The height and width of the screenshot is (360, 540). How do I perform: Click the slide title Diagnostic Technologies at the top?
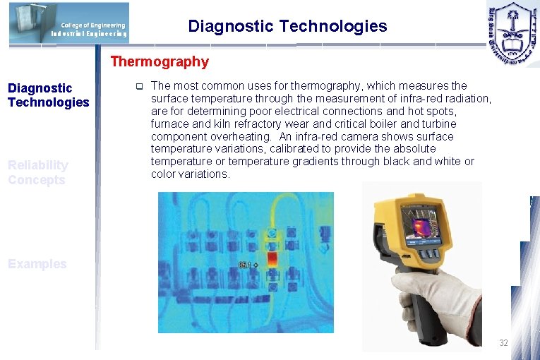[x=287, y=27]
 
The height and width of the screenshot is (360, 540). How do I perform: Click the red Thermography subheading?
[x=160, y=61]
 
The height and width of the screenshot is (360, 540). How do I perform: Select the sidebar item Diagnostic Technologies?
[x=48, y=95]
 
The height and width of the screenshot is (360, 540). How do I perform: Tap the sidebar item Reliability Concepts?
[x=38, y=172]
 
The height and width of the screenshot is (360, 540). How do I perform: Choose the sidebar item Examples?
[x=37, y=264]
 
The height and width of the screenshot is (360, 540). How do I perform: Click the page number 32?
[x=503, y=342]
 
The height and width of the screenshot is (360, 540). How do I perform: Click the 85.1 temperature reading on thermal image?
[x=245, y=265]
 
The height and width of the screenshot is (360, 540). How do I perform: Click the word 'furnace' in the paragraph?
[x=171, y=124]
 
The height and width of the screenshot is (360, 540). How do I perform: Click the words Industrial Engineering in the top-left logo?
[x=88, y=33]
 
